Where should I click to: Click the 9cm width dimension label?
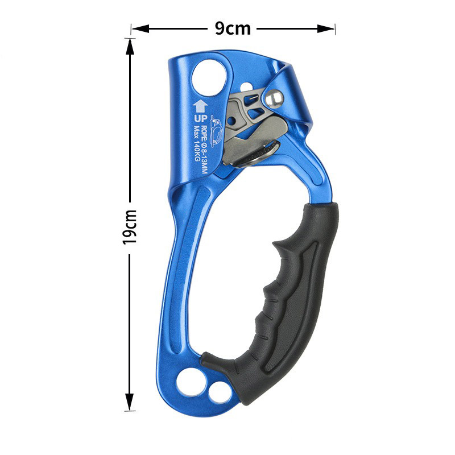coord(233,28)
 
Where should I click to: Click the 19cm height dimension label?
coord(130,227)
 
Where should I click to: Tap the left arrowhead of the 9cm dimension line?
coord(140,29)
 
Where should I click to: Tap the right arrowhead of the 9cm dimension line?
coord(326,29)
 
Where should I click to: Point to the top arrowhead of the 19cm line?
coord(130,47)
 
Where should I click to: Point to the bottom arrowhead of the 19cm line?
coord(130,402)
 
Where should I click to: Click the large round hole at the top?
coord(209,77)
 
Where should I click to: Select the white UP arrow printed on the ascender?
coord(200,106)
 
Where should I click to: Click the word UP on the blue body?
coord(201,119)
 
